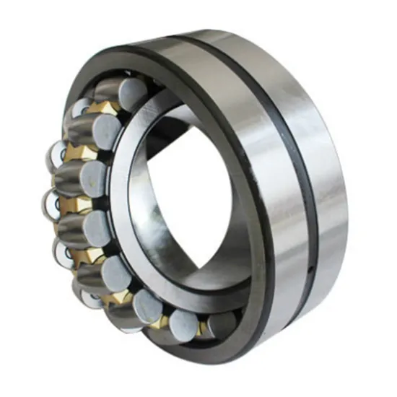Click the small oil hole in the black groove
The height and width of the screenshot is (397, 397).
(x=308, y=271)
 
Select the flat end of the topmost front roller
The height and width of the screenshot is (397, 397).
(x=133, y=93)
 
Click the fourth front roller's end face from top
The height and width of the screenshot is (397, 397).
(x=96, y=226)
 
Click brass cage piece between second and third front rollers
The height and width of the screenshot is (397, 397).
(x=81, y=153)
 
